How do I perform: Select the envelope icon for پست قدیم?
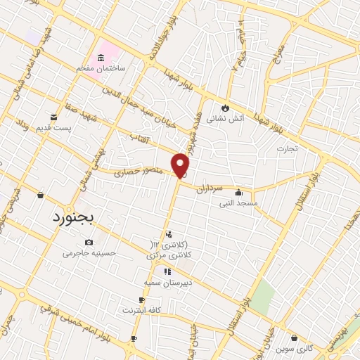point(53,117)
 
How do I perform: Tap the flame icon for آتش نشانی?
point(224,108)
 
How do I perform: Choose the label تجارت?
point(287,148)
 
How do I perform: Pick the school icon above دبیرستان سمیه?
point(167,271)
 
